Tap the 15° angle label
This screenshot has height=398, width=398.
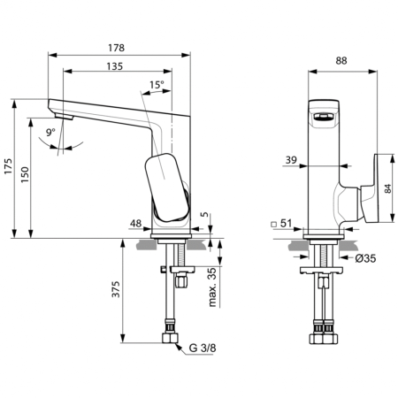coord(157,85)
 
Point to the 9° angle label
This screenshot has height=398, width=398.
coord(52,132)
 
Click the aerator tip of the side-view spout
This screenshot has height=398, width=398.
coord(62,116)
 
